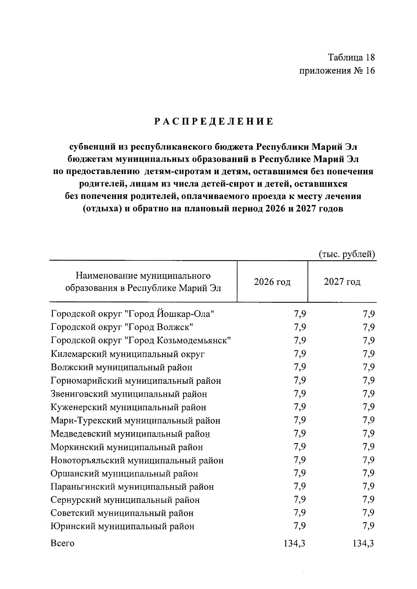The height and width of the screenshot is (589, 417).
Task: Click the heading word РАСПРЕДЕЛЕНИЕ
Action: tap(214, 122)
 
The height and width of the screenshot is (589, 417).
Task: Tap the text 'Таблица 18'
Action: tap(352, 57)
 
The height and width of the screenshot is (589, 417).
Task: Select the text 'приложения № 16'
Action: tap(337, 71)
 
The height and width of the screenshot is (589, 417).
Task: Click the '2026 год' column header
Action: tap(272, 282)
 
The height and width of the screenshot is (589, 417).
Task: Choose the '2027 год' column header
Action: tap(342, 282)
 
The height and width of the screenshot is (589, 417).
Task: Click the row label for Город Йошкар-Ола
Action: tap(132, 314)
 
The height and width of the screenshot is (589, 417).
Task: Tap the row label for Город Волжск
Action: tap(122, 327)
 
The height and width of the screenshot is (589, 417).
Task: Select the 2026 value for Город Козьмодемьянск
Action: tap(300, 340)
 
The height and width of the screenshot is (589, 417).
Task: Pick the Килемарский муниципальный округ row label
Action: tap(128, 354)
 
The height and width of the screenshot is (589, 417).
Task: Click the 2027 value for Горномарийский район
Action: tap(368, 380)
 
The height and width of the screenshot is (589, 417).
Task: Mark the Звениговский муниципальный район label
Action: tap(129, 394)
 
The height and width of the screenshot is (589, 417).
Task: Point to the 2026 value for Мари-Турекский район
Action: tap(300, 420)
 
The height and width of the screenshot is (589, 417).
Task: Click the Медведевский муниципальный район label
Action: tap(130, 434)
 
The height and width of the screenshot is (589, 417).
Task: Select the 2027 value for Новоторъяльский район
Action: tap(368, 460)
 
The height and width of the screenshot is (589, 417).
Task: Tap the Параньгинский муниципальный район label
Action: tap(132, 487)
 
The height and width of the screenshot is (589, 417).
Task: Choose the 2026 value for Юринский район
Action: tap(300, 526)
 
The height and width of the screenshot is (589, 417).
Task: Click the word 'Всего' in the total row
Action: tap(63, 543)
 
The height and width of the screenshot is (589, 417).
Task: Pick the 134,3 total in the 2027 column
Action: tap(363, 543)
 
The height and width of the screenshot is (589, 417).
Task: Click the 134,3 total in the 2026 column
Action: tap(295, 543)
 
